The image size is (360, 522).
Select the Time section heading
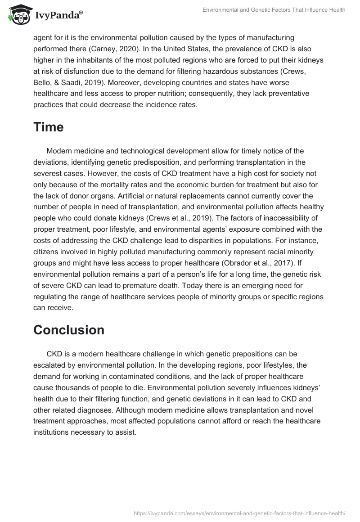tap(48, 127)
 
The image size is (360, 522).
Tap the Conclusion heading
tap(69, 330)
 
